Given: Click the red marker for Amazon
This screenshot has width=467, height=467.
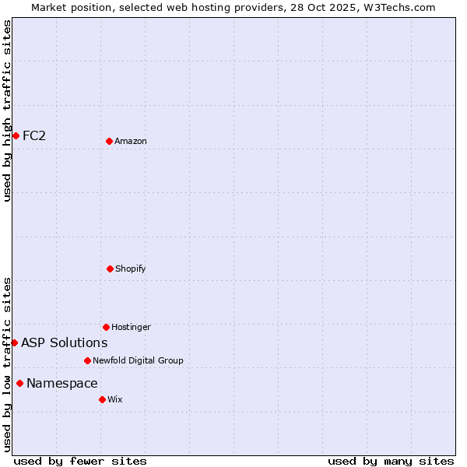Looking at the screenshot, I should (x=109, y=141).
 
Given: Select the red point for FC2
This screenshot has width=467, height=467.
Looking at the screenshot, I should (x=16, y=135).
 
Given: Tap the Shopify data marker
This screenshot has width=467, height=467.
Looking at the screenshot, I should (x=110, y=269).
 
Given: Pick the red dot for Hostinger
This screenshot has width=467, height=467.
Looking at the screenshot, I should (x=106, y=327).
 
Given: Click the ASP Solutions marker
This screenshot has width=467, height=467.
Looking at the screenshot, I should (x=14, y=342).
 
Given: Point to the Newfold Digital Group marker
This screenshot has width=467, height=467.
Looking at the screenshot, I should (x=87, y=360).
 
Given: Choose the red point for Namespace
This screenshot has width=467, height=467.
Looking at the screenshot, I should (x=19, y=383).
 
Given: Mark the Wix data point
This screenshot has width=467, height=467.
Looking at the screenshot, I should (x=102, y=399).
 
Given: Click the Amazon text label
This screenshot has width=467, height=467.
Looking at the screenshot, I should (x=131, y=141).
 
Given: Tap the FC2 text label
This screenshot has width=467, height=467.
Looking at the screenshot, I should (x=34, y=136).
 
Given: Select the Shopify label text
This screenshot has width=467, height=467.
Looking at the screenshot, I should (x=131, y=269).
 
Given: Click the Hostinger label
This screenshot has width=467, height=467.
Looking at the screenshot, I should (x=131, y=327).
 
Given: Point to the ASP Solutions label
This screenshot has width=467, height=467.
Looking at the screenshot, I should (x=65, y=343).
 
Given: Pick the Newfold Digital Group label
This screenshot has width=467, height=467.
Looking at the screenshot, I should (x=138, y=360).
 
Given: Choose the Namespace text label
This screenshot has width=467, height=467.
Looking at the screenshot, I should (x=62, y=384).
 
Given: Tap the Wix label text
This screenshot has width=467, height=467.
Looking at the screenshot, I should (x=115, y=399).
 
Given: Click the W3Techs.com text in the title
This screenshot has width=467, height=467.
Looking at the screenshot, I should (x=397, y=7).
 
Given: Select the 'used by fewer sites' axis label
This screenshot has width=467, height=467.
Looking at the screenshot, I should (x=80, y=462).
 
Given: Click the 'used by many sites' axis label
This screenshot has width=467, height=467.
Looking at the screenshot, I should (x=391, y=462).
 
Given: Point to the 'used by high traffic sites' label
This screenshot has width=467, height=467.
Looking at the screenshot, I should (x=7, y=111).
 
